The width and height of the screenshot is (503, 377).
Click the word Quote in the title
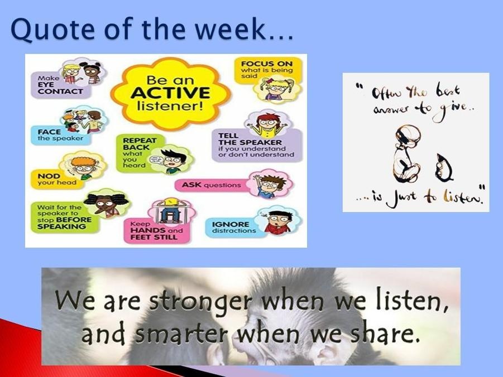[53, 29]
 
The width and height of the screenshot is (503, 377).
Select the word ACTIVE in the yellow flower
[170, 93]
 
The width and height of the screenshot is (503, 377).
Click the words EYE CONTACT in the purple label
[60, 88]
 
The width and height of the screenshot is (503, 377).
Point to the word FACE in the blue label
[49, 132]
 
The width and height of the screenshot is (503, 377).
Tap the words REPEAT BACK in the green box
[139, 144]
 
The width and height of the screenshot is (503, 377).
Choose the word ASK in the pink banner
[191, 185]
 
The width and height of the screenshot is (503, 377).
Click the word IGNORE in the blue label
[231, 224]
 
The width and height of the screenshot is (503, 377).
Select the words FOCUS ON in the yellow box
[267, 64]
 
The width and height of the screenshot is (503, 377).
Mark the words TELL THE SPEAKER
[250, 139]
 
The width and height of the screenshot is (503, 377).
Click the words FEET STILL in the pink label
[154, 237]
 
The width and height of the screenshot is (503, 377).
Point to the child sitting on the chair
[170, 210]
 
